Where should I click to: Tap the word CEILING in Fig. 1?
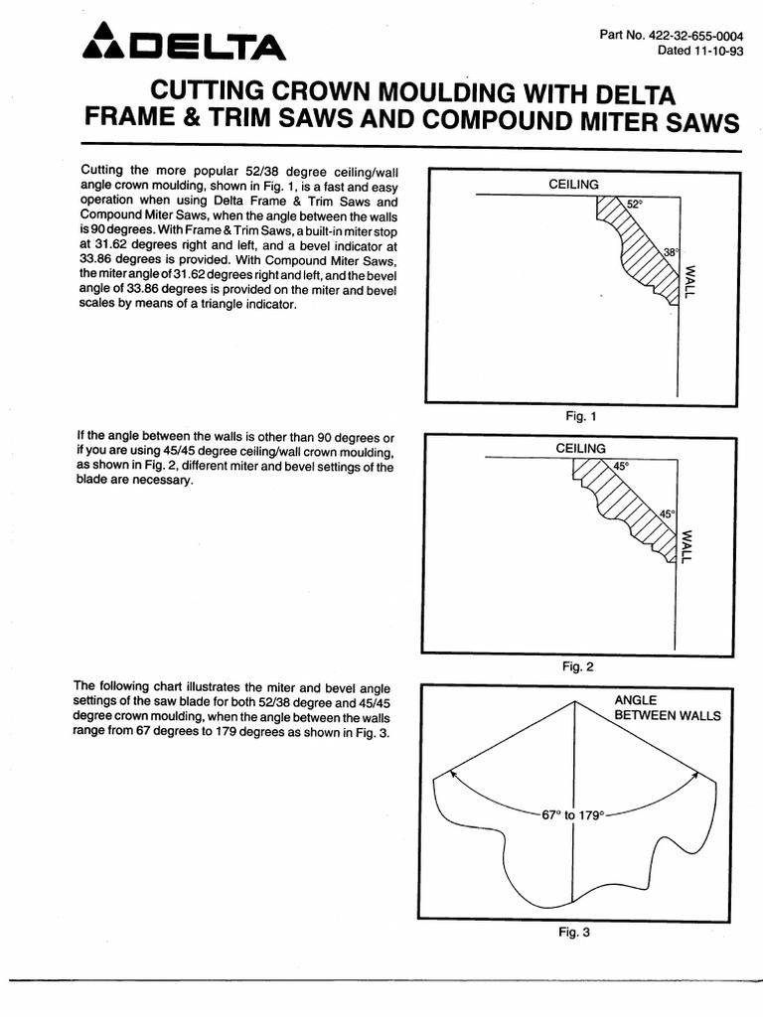point(573,185)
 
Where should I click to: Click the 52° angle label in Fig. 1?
point(636,204)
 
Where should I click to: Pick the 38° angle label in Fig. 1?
point(671,252)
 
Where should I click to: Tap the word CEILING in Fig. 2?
point(581,449)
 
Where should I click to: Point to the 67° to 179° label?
point(572,814)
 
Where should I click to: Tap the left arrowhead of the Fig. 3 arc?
point(452,769)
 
